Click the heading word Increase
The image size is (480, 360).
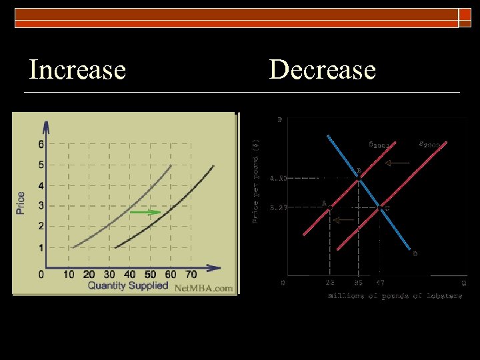(77, 69)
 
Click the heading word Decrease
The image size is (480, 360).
(323, 69)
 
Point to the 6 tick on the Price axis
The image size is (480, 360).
(41, 144)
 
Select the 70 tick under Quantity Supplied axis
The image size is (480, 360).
(191, 275)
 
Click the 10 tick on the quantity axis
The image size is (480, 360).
(69, 275)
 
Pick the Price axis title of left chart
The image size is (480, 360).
(21, 203)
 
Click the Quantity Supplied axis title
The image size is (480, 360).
(128, 286)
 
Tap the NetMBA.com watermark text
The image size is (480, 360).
(203, 289)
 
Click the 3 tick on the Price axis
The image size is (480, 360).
(41, 206)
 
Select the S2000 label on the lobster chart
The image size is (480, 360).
(430, 143)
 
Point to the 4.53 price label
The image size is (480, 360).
(279, 178)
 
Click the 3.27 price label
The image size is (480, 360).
(279, 208)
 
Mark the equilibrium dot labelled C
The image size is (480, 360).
(380, 207)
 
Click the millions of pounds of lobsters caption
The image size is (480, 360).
(395, 296)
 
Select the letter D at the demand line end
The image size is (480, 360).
(415, 253)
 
